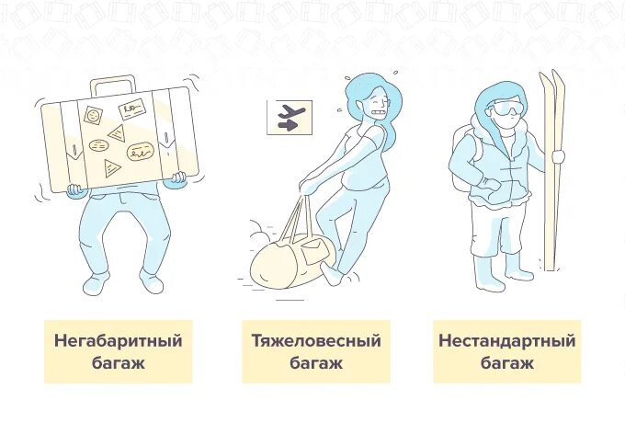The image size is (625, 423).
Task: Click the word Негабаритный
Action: tap(118, 341)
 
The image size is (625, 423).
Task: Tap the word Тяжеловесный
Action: tap(316, 341)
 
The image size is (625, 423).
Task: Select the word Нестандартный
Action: tap(506, 341)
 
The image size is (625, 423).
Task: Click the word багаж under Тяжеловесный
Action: tap(316, 363)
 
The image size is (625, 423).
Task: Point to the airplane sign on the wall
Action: tap(290, 118)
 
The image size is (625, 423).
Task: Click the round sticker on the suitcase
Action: tap(93, 115)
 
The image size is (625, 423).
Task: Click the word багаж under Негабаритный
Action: tap(118, 363)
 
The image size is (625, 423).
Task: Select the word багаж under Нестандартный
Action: tap(506, 363)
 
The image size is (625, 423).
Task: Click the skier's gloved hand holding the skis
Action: tap(556, 156)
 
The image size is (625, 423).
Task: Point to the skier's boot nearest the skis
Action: tap(517, 269)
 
